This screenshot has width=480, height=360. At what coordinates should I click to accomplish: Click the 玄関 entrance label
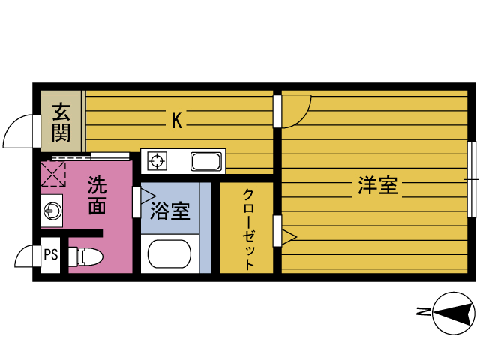tap(61, 123)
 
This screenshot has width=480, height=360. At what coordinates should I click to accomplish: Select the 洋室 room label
tap(377, 186)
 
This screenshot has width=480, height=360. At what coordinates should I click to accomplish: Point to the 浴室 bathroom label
tap(170, 212)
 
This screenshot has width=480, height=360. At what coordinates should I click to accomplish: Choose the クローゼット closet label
tap(247, 229)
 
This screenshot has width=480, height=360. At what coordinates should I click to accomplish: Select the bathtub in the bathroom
tap(173, 253)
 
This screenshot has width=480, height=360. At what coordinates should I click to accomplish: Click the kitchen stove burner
tap(158, 160)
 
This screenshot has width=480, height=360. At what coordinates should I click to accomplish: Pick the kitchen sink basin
tap(205, 161)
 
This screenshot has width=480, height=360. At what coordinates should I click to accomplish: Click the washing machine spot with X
tap(54, 174)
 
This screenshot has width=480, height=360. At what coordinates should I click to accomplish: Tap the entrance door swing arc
tap(19, 132)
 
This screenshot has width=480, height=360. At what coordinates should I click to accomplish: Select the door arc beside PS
tap(26, 256)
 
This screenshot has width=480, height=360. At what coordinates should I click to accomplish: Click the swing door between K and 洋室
tap(295, 112)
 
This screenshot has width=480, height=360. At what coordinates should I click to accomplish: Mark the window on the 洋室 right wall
tap(472, 179)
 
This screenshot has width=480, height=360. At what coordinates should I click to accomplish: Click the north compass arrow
tap(454, 312)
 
